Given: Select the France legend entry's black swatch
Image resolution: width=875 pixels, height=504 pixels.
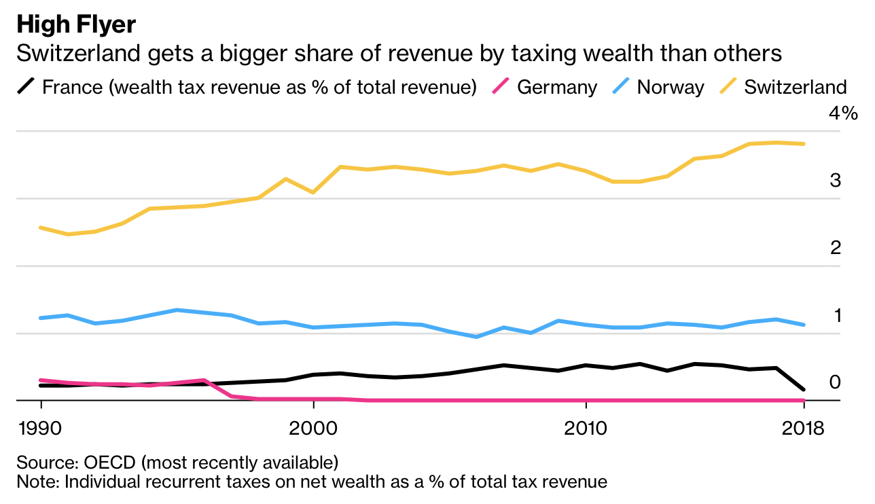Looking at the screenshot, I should pos(26,87).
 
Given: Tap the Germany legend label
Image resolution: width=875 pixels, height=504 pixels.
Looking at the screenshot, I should pos(557,87).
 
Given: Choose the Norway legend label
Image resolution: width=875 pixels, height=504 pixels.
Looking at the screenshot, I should pos(671,87).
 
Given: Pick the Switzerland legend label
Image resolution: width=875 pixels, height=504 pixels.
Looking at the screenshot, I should pos(796,87).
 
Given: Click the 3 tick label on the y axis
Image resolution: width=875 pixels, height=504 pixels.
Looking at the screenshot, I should pos(836,181).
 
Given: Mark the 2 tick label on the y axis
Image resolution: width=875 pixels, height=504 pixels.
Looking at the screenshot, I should pos(836,248).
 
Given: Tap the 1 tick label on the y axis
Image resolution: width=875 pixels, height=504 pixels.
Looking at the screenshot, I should pos(838,315).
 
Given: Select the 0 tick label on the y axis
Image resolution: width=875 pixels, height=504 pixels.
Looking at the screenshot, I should pos(836,382).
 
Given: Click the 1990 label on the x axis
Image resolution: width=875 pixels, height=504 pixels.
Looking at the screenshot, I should pos(42,429).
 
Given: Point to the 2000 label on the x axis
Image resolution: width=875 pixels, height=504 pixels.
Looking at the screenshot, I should pos(313,429).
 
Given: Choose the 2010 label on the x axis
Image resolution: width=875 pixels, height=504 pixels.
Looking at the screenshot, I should pos(585,429).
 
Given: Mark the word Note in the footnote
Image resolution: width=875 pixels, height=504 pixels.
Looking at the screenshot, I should pos(34,482).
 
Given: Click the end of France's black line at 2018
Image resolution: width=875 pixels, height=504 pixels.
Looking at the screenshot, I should pos(804,390).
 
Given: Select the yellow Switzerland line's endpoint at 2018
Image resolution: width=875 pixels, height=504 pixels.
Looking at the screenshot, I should pos(804,144).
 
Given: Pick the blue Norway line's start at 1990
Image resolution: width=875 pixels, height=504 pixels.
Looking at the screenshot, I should pos(41,318).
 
